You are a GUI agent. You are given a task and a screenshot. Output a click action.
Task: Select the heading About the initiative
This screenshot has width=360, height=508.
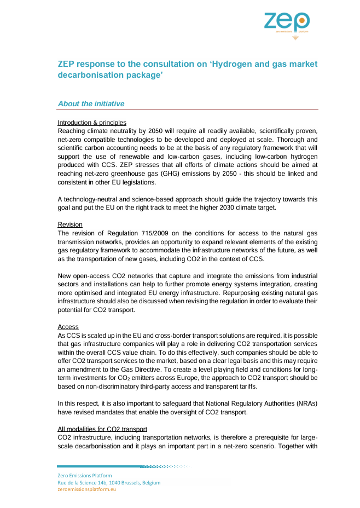click(91, 103)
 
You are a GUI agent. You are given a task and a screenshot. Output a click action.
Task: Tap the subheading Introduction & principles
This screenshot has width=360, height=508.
click(92, 123)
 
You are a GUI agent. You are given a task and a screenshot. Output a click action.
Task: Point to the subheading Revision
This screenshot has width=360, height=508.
click(70, 224)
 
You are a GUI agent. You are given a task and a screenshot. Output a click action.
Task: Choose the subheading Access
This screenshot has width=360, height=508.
click(68, 327)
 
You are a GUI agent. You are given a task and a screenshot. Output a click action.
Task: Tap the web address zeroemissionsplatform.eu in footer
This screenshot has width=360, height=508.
click(87, 489)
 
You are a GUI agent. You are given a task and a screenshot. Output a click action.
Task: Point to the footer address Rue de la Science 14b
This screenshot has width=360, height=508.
click(81, 483)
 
